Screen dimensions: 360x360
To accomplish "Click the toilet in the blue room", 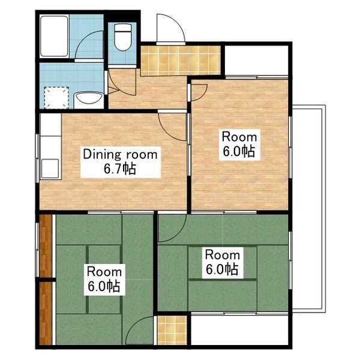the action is point(123,37).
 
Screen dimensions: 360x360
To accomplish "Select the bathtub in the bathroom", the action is point(54,36).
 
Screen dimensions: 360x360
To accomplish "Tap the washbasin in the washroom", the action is point(89,100).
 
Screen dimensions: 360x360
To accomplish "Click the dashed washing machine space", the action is point(56,98).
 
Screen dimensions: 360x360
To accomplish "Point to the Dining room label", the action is point(120,154).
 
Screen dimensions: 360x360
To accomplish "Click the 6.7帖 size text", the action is point(120,169).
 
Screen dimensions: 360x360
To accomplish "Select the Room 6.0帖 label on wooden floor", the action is point(239,145).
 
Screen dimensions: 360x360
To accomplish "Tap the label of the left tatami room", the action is point(104,280).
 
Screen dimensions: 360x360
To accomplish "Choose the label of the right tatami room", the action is point(222,262).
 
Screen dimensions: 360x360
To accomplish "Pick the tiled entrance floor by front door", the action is point(181,61).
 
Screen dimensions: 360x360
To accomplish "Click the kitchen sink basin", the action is point(50,169).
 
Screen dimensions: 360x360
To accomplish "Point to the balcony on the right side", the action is point(309,208).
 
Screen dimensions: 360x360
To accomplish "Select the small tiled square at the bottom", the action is point(172,330).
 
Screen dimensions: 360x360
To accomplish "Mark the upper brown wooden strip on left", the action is point(46,246).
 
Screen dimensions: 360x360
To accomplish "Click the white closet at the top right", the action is point(256,61).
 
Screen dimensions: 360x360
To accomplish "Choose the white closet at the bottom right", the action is point(239,330).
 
